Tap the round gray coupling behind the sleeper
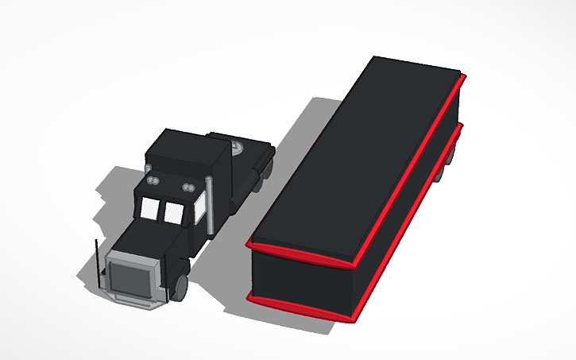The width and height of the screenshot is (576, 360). coord(238,146)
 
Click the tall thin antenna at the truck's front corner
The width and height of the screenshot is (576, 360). coord(97,262)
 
